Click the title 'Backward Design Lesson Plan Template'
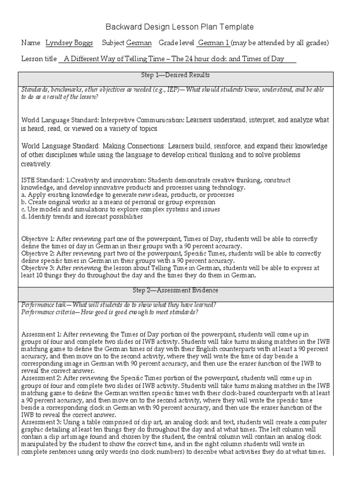tap(180, 27)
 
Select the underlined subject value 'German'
tap(139, 43)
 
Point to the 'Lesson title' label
tap(38, 59)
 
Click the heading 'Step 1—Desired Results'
tap(175, 75)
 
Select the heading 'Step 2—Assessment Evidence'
tap(175, 291)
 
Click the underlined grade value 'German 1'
tap(214, 43)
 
